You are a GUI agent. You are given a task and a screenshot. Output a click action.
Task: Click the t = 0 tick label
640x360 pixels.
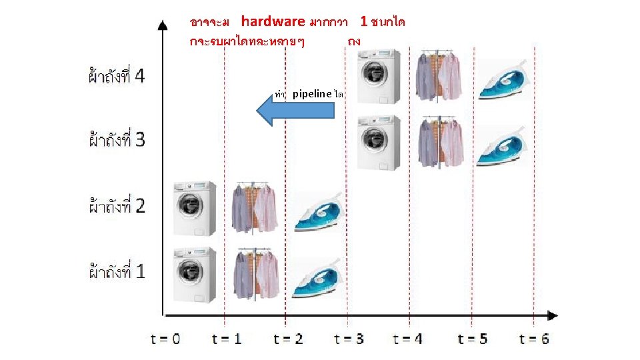point(166,339)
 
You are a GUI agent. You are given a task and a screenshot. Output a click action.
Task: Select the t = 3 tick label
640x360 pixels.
point(349,339)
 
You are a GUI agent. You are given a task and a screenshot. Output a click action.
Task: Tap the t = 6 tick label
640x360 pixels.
point(535,339)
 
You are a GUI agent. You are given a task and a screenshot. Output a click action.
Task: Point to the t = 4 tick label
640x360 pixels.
point(408,339)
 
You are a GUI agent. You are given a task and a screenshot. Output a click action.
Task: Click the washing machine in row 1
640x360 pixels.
point(195,275)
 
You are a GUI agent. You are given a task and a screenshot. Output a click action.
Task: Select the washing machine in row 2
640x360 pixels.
point(195,208)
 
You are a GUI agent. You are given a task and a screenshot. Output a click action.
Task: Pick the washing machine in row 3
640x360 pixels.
point(379,143)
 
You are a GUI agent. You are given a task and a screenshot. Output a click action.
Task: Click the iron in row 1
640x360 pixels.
point(317,277)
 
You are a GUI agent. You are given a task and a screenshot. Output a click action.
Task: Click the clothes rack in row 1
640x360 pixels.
point(255,273)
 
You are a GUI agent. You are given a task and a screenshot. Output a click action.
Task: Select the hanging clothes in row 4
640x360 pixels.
point(439,76)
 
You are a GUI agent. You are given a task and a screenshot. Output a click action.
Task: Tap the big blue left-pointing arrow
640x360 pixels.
point(296,110)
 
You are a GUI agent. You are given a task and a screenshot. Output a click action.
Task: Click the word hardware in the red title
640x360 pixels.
point(273,21)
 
